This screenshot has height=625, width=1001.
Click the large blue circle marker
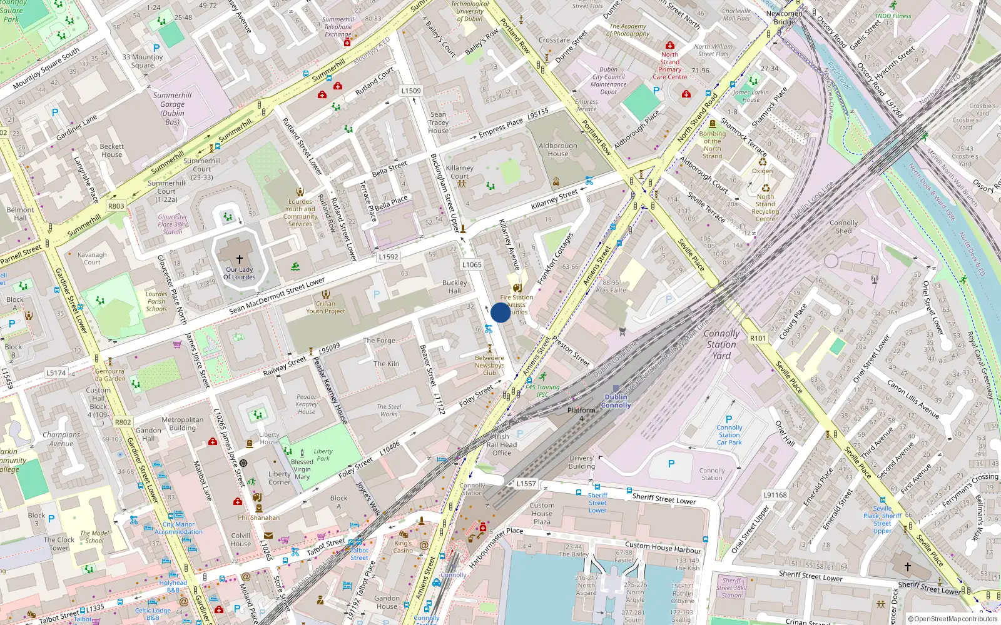coord(500,312)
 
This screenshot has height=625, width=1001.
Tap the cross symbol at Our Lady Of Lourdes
coord(239,259)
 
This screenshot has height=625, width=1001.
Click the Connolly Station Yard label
coord(721,344)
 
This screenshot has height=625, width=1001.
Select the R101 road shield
coord(758,338)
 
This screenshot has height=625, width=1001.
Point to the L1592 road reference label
coord(388,257)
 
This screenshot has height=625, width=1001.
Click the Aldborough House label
coord(557,150)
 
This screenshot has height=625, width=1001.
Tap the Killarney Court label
coord(459,172)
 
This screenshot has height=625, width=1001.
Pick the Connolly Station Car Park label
coord(729,435)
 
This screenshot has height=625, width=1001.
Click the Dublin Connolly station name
coord(616,401)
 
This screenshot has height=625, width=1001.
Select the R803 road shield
coord(116,206)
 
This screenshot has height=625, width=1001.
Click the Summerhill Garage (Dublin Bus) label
coord(172,109)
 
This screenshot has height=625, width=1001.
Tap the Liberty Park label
coord(323,454)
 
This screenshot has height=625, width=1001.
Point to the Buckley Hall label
coord(454,287)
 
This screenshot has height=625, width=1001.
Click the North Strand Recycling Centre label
coord(765,207)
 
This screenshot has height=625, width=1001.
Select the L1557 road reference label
coord(526,484)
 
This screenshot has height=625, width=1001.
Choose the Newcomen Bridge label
coord(784,17)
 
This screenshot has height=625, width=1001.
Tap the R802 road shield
coord(123,422)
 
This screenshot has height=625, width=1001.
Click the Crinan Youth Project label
coord(325,307)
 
